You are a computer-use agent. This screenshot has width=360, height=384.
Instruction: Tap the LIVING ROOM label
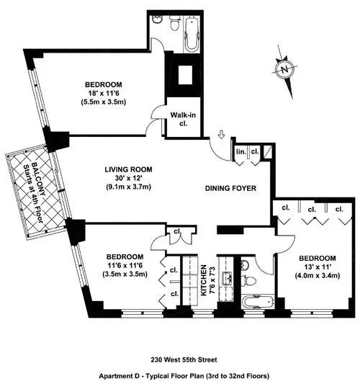pos(130,170)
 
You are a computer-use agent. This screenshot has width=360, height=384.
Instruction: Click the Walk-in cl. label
pos(179,118)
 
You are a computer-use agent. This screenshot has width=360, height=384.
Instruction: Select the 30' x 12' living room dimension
pos(130,179)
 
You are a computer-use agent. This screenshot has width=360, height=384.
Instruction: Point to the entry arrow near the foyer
pos(222,135)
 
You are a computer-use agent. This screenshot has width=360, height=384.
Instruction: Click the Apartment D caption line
pos(180,375)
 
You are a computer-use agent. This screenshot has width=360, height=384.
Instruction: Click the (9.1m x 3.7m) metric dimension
pos(130,188)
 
